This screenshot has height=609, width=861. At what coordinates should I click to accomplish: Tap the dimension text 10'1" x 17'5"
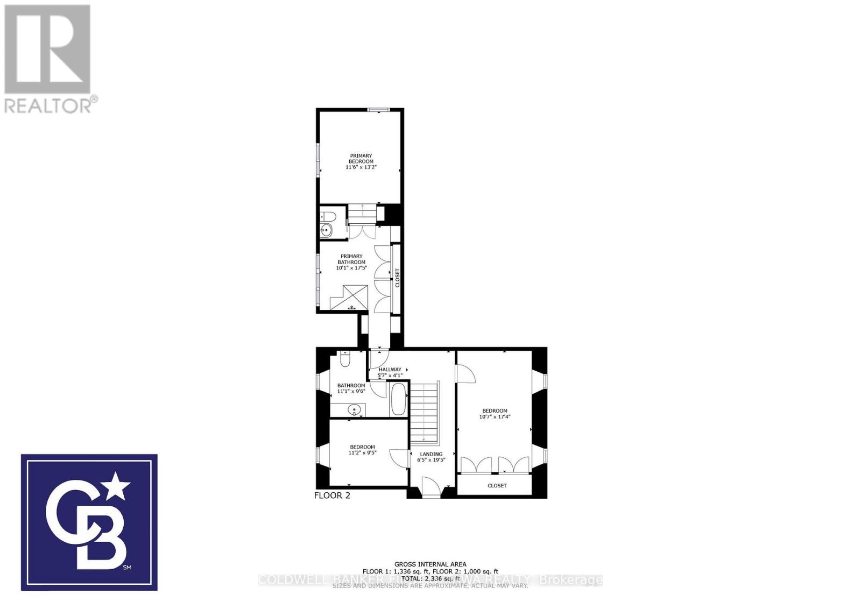coord(351,268)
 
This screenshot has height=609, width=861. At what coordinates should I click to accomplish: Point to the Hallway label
coord(390,370)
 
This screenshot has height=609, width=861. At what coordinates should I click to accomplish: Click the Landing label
coord(431,454)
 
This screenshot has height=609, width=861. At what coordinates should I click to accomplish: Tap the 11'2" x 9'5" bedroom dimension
coord(362,453)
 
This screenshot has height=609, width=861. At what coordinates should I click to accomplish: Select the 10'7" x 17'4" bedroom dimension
coord(495,416)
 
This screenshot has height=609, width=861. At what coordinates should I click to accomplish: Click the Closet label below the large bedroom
coord(497,486)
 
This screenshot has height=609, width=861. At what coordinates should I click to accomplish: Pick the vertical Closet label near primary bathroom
coord(398,278)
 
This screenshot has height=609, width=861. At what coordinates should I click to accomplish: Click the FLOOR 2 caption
coord(332,495)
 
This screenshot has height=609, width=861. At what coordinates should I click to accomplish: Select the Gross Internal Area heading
coord(430,564)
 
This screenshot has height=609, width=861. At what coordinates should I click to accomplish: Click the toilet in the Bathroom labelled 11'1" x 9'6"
coord(345,358)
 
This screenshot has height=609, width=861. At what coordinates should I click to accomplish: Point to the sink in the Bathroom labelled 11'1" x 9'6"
coord(354,410)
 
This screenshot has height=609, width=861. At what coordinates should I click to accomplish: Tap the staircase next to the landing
coord(425,412)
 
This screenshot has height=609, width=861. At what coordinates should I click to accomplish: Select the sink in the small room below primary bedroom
coord(326,231)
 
